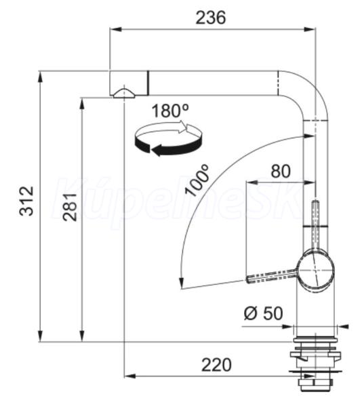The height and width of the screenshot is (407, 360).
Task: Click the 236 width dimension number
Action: [211, 18]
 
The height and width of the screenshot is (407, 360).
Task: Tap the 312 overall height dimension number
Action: [26, 201]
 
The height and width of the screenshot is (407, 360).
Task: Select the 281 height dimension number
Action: [71, 207]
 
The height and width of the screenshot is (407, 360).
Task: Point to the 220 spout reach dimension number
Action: [216, 365]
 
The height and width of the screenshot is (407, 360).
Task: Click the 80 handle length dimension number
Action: [281, 172]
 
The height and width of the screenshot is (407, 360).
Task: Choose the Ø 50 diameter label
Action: [264, 313]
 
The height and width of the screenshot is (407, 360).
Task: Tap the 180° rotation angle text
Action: [170, 111]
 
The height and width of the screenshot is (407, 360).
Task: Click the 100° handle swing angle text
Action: [197, 180]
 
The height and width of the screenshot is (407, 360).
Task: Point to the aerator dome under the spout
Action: [124, 94]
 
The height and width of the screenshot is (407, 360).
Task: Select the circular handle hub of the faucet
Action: [315, 270]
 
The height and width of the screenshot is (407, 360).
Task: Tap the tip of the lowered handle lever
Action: [248, 279]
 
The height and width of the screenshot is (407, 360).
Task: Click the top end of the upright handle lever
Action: [315, 201]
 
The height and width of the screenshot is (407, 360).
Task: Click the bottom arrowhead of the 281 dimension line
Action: [82, 336]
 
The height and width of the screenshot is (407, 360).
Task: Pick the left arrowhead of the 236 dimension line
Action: [116, 30]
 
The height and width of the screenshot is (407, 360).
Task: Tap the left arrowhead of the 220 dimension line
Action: [130, 376]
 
